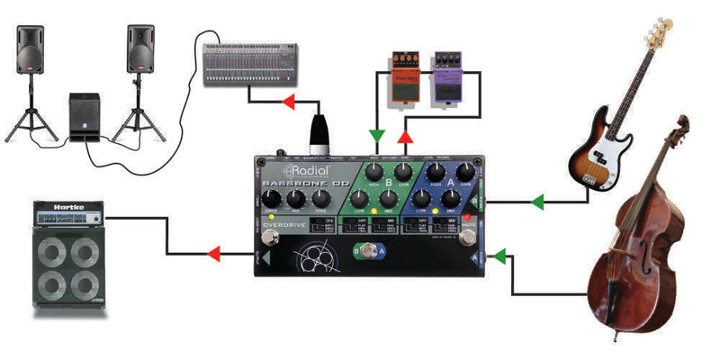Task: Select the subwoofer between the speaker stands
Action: tap(87, 115)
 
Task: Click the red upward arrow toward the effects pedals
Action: tap(406, 138)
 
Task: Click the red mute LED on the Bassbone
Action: tap(467, 218)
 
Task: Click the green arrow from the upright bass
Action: tap(500, 256)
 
